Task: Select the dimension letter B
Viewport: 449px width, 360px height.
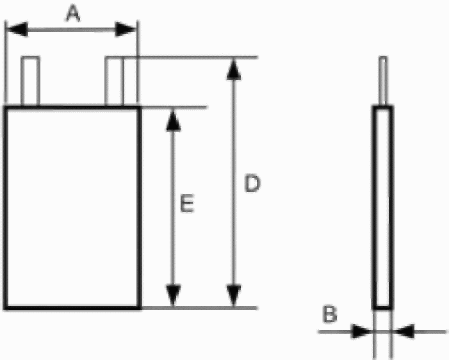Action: [x=330, y=314]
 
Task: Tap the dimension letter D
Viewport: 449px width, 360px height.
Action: [x=252, y=184]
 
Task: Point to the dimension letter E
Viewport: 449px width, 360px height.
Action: [x=187, y=203]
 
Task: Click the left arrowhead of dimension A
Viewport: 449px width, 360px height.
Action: [x=17, y=29]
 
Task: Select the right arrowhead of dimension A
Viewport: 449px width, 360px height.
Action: [x=125, y=29]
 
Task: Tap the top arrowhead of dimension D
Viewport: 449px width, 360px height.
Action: [x=234, y=69]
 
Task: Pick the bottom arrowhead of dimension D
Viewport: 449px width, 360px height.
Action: [x=234, y=295]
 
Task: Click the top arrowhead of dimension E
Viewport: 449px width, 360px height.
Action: [x=173, y=120]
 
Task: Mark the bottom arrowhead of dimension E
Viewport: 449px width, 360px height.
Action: [x=173, y=295]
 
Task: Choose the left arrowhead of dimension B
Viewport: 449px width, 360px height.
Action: [x=362, y=332]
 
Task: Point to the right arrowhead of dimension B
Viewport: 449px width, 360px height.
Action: [x=404, y=332]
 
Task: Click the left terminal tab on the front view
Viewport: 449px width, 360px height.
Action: [x=30, y=81]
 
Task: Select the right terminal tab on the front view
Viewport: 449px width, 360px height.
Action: [x=114, y=81]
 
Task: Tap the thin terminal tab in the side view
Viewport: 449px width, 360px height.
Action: [x=383, y=81]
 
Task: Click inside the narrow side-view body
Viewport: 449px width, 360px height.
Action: [x=383, y=207]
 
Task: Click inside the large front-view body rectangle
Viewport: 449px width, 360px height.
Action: [x=72, y=208]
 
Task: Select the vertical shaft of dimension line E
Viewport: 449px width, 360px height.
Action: [x=173, y=208]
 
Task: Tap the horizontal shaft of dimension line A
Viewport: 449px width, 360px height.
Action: [x=71, y=29]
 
